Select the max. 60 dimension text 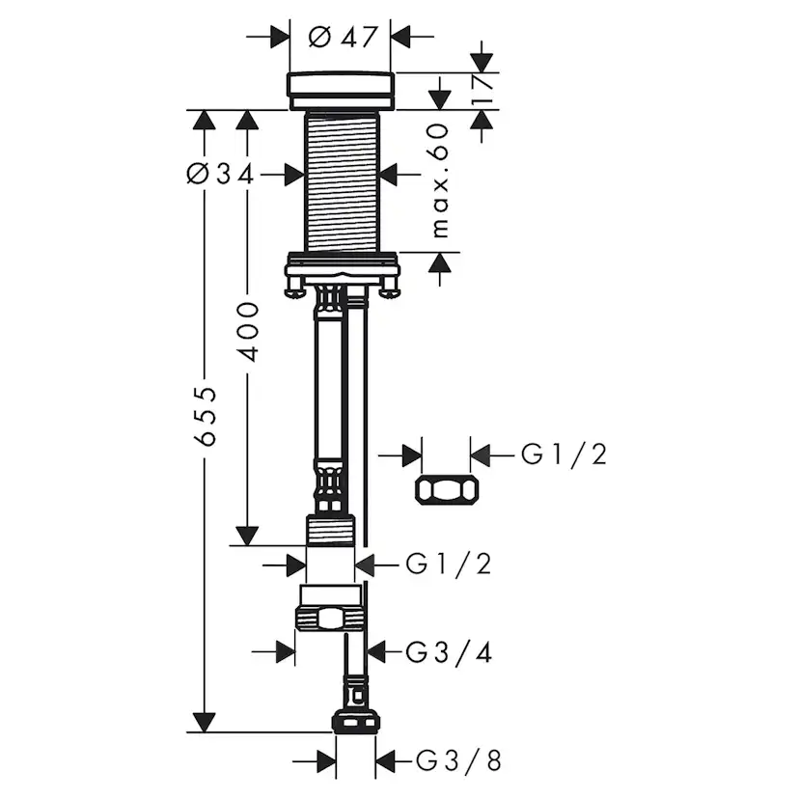coord(441,180)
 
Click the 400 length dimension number coord(248,331)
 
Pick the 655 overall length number coord(204,417)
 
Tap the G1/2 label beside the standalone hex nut coord(564,454)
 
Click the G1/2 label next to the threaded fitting coord(448,564)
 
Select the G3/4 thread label coord(449,652)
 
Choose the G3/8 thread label coord(458,761)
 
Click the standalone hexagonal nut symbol coord(447,490)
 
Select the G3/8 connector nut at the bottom coord(354,722)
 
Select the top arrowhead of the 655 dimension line coord(204,120)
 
